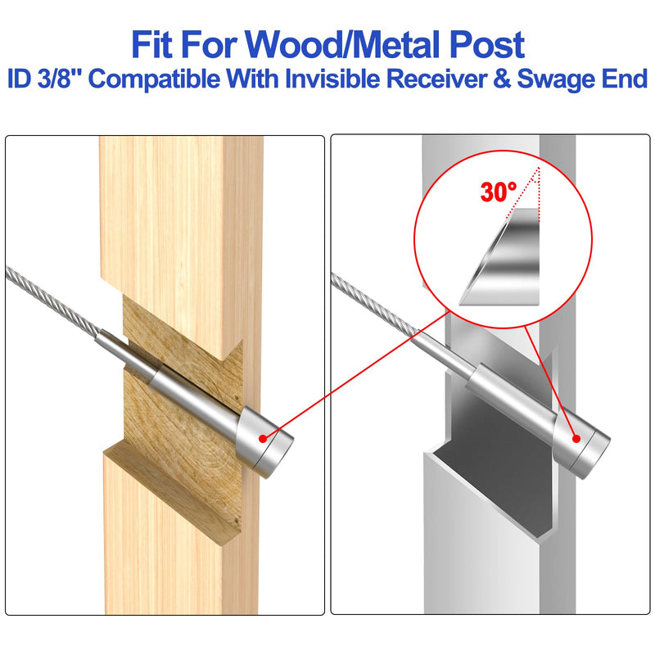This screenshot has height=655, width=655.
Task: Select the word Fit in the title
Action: pos(152,45)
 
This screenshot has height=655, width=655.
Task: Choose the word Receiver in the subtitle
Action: pos(436,78)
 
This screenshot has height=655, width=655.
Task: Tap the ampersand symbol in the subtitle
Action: pos(501,78)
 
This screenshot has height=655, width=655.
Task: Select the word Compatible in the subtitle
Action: pos(154,79)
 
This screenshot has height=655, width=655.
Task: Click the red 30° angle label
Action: pos(499,192)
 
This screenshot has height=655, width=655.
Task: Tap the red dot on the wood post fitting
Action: pos(262,439)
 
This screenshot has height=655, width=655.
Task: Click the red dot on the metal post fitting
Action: pos(576,439)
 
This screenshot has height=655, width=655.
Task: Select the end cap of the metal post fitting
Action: pos(581,443)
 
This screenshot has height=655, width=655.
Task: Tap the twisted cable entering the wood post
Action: pos(53,301)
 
